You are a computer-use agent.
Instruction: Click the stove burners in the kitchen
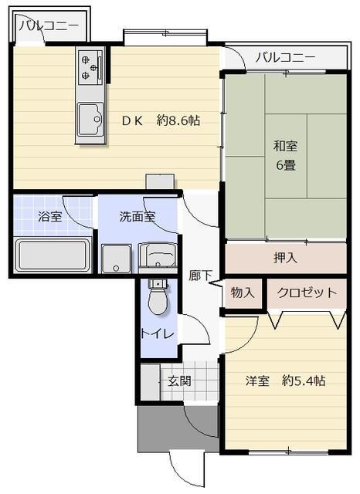pos(90,67)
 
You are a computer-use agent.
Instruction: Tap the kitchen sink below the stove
pos(90,119)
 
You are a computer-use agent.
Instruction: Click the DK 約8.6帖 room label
pos(161,120)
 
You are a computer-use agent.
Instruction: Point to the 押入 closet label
pos(285,258)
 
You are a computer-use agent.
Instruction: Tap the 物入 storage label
pos(242,293)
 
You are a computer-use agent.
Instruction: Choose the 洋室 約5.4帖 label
pos(285,381)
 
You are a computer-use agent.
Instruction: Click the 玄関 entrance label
pos(179,381)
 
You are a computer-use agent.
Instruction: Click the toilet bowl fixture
pos(158,301)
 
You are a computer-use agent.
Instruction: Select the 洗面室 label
pos(138,216)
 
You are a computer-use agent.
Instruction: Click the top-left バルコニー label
pos(49,25)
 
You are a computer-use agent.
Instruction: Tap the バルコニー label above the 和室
pos(285,57)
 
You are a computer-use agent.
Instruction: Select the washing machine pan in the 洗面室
pos(117,259)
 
